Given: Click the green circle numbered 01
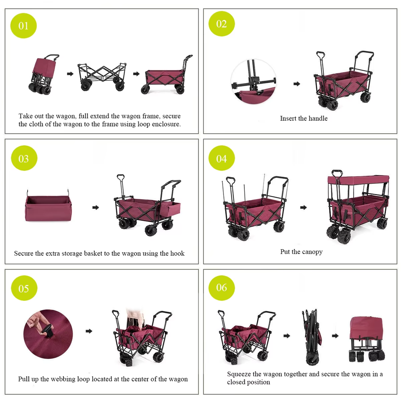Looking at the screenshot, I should (23, 25).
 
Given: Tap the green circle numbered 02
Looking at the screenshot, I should (221, 24).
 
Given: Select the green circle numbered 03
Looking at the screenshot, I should (24, 158).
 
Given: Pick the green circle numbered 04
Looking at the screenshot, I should (221, 158).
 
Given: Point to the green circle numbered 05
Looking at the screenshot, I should (24, 288).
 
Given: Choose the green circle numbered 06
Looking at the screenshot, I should (221, 287).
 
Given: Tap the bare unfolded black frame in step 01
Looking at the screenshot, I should (102, 76).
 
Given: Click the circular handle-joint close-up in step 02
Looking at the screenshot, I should (254, 81).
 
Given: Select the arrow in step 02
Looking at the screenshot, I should (297, 84).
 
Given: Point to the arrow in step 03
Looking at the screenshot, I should (96, 207).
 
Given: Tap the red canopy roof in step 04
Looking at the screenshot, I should (358, 180).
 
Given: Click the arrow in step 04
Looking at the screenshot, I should (304, 207).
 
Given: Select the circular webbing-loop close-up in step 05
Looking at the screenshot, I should (48, 334).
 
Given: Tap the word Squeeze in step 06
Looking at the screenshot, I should (239, 374).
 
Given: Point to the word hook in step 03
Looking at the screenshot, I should (177, 254).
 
